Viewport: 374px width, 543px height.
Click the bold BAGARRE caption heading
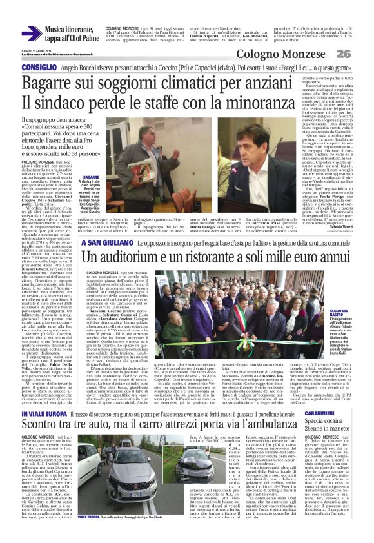click(91, 176)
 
